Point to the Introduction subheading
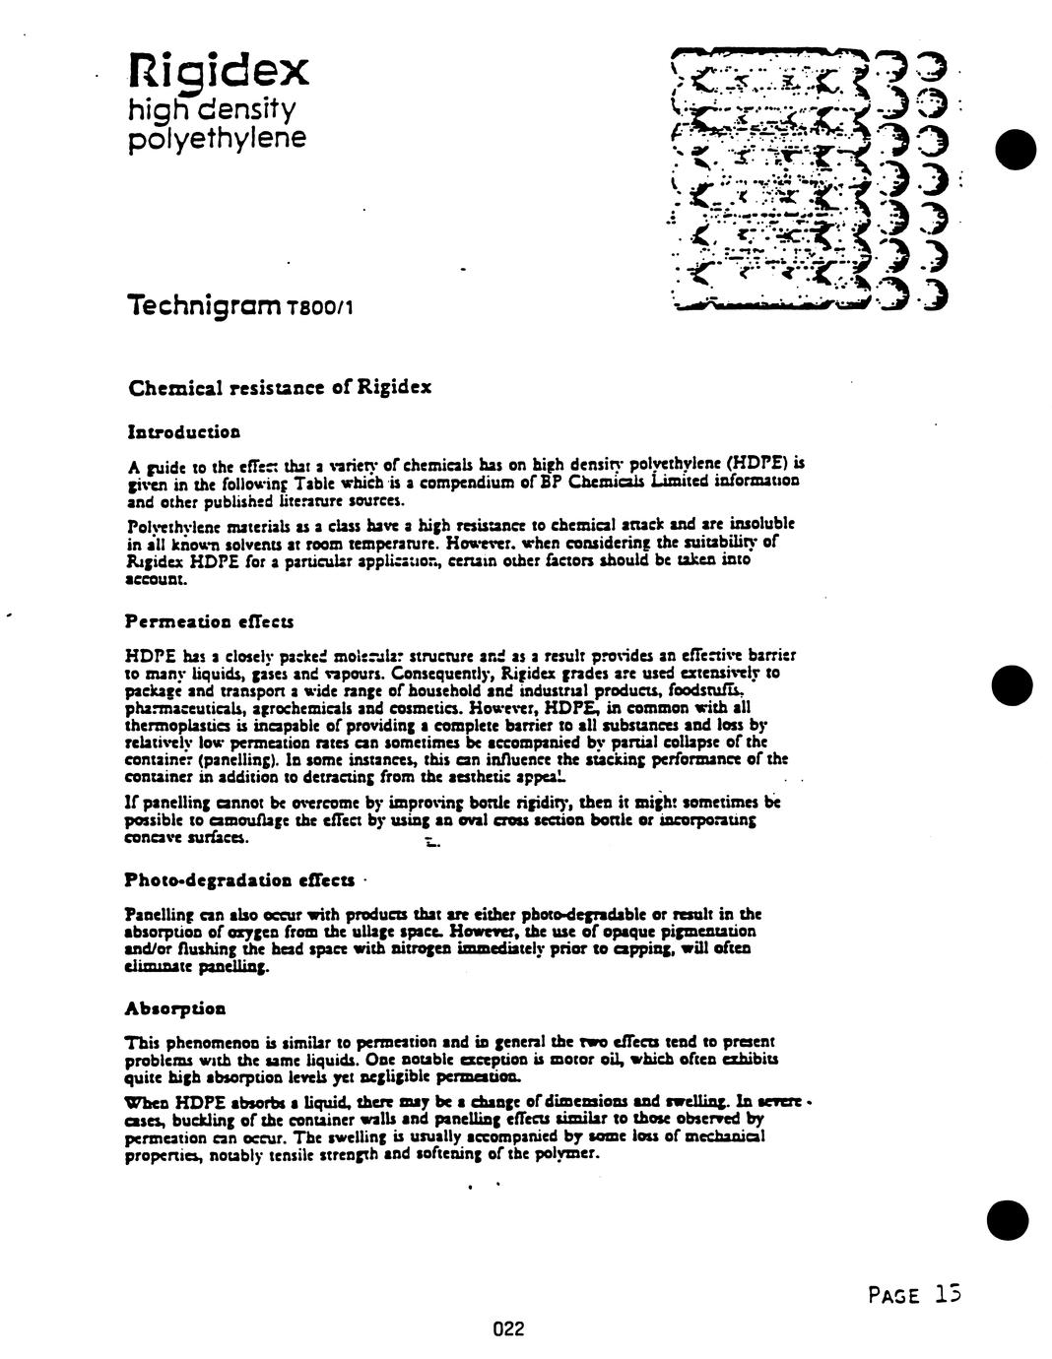tap(184, 431)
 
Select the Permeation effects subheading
tap(209, 622)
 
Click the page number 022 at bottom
tap(508, 1329)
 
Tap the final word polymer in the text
tap(571, 1152)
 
